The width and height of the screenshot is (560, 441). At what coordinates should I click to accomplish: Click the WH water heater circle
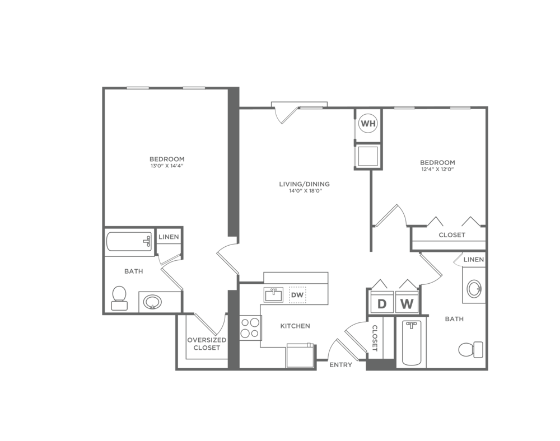point(368,124)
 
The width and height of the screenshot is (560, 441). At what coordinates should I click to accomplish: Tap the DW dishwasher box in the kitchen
point(297,295)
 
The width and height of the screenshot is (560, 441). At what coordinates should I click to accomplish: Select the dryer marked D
point(382,304)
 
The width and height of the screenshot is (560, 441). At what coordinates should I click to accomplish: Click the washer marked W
point(407,304)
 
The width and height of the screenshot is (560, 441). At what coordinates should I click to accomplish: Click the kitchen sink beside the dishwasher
point(274,295)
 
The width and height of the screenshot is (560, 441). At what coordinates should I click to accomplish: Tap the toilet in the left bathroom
point(119,298)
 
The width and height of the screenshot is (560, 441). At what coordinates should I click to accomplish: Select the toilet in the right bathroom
point(471,350)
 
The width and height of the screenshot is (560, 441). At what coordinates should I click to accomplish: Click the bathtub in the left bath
point(129,242)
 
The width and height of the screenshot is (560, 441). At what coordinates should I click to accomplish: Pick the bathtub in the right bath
point(412,343)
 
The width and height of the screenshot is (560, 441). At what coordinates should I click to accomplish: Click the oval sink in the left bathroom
point(152,302)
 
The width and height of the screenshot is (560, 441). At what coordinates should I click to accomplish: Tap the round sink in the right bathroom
point(474,288)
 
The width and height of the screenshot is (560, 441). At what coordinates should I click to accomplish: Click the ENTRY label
point(340,365)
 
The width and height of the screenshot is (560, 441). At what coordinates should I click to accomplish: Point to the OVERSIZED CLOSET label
point(207,344)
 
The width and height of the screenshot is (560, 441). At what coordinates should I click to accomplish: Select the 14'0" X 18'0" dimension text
point(304,191)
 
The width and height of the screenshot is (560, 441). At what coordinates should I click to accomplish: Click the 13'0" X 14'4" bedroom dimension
point(167,166)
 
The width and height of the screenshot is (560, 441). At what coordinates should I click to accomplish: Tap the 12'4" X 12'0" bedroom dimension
point(437,170)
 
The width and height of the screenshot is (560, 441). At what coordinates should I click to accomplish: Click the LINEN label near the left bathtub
point(169,237)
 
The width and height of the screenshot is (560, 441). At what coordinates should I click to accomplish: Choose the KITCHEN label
point(295,326)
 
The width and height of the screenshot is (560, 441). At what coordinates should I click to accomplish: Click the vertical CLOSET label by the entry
point(375,338)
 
